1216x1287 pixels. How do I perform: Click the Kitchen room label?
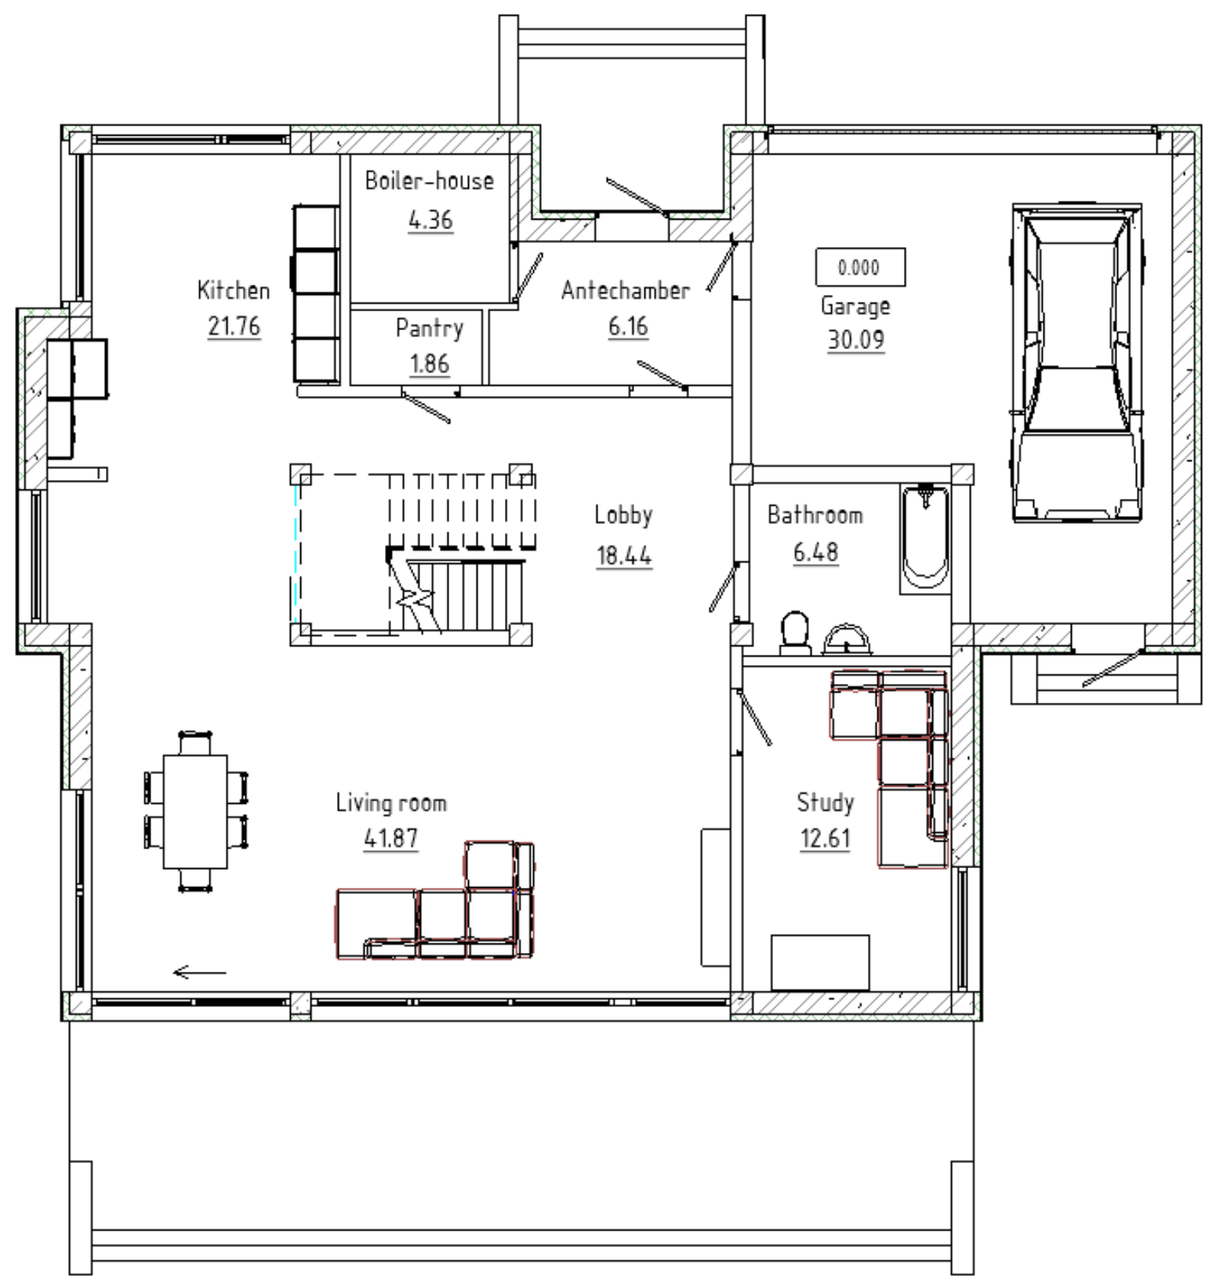point(234,290)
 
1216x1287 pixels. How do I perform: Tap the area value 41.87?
point(391,838)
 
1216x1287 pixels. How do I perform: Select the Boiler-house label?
point(430,180)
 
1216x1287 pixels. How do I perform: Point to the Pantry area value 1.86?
point(430,364)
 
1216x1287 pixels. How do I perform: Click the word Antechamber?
point(626,290)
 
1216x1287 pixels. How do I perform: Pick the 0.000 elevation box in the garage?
point(860,267)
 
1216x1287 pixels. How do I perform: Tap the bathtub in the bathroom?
point(925,539)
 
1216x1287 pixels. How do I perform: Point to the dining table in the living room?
point(195,812)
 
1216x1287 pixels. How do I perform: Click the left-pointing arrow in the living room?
point(199,973)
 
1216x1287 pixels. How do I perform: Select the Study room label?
point(825,802)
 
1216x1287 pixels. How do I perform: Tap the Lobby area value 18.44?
point(624,556)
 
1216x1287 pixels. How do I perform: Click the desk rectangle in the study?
point(820,962)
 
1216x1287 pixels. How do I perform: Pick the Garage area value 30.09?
point(856,340)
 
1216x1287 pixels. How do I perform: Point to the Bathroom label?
point(815,515)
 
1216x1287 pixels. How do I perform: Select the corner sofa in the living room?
point(436,900)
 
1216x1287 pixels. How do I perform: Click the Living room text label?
point(391,802)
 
